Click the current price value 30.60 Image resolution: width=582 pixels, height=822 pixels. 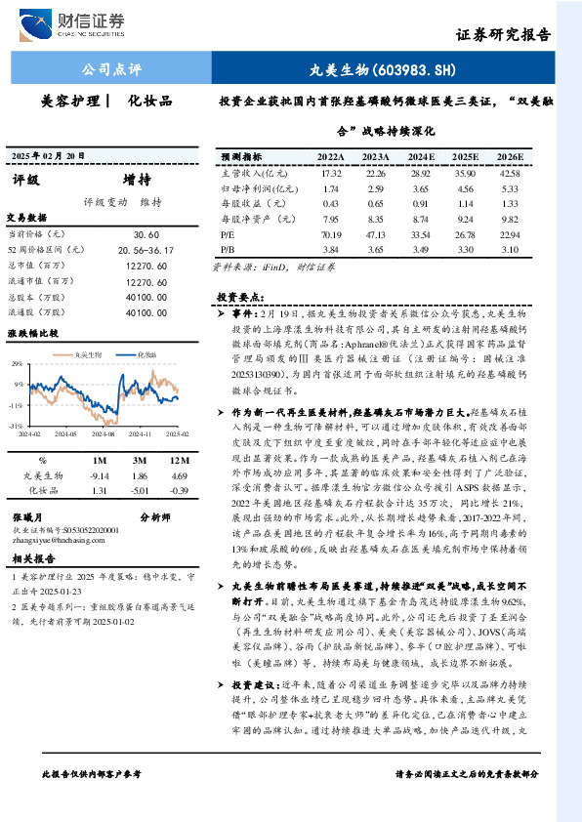click(x=146, y=235)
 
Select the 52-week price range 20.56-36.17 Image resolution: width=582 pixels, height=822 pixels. click(x=145, y=250)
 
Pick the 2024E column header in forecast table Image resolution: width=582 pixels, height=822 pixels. click(x=421, y=156)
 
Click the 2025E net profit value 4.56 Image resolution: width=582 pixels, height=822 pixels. click(x=466, y=188)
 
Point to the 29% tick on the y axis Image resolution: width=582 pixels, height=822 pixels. click(x=17, y=363)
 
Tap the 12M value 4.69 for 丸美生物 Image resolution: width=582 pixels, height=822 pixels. click(x=177, y=474)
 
